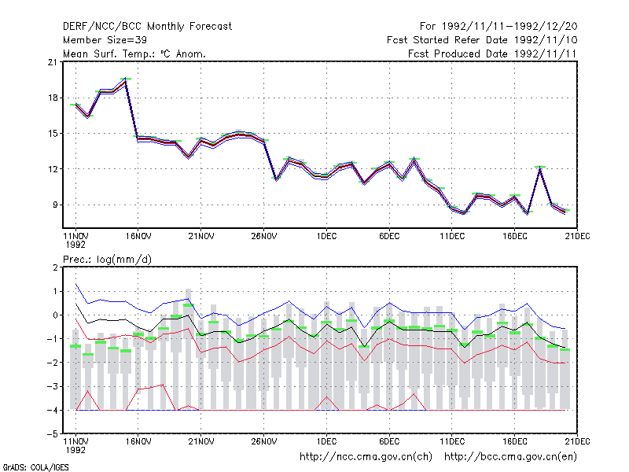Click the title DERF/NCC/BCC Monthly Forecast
147,27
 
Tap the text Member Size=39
105,40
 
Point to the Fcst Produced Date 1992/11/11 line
492,53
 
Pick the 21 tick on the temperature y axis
52,62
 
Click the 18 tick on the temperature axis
52,98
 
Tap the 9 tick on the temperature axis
54,205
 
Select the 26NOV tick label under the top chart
264,237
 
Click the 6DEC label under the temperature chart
389,237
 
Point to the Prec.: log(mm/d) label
107,260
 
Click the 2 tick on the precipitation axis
55,267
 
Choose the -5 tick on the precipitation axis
53,434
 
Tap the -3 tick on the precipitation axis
53,386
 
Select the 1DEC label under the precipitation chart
326,441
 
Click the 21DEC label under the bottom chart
577,441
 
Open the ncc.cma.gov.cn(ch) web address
366,457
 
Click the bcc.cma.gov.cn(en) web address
510,457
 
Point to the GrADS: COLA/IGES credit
35,467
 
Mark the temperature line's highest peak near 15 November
126,79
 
